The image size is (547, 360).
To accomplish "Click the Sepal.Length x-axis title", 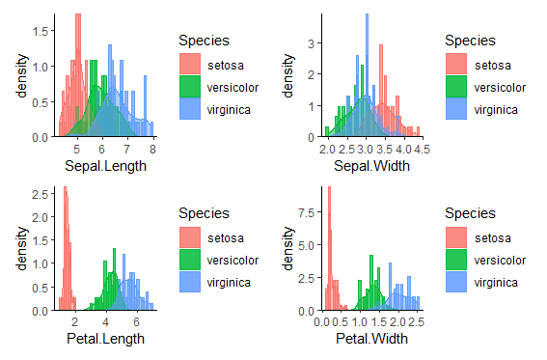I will (x=105, y=166).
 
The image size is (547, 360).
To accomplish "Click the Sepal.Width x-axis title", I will (x=371, y=166).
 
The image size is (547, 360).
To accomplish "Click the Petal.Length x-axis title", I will (x=105, y=339).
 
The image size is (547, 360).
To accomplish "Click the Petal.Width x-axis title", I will (x=371, y=339).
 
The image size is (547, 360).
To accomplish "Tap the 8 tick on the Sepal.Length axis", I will (x=152, y=150).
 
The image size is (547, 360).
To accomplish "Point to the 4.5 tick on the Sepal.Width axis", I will (x=422, y=150).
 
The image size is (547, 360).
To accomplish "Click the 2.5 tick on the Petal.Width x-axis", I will (x=417, y=322).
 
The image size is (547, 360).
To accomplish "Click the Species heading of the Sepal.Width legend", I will (x=470, y=41).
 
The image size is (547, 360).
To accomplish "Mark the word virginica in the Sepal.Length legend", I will (x=229, y=110).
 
